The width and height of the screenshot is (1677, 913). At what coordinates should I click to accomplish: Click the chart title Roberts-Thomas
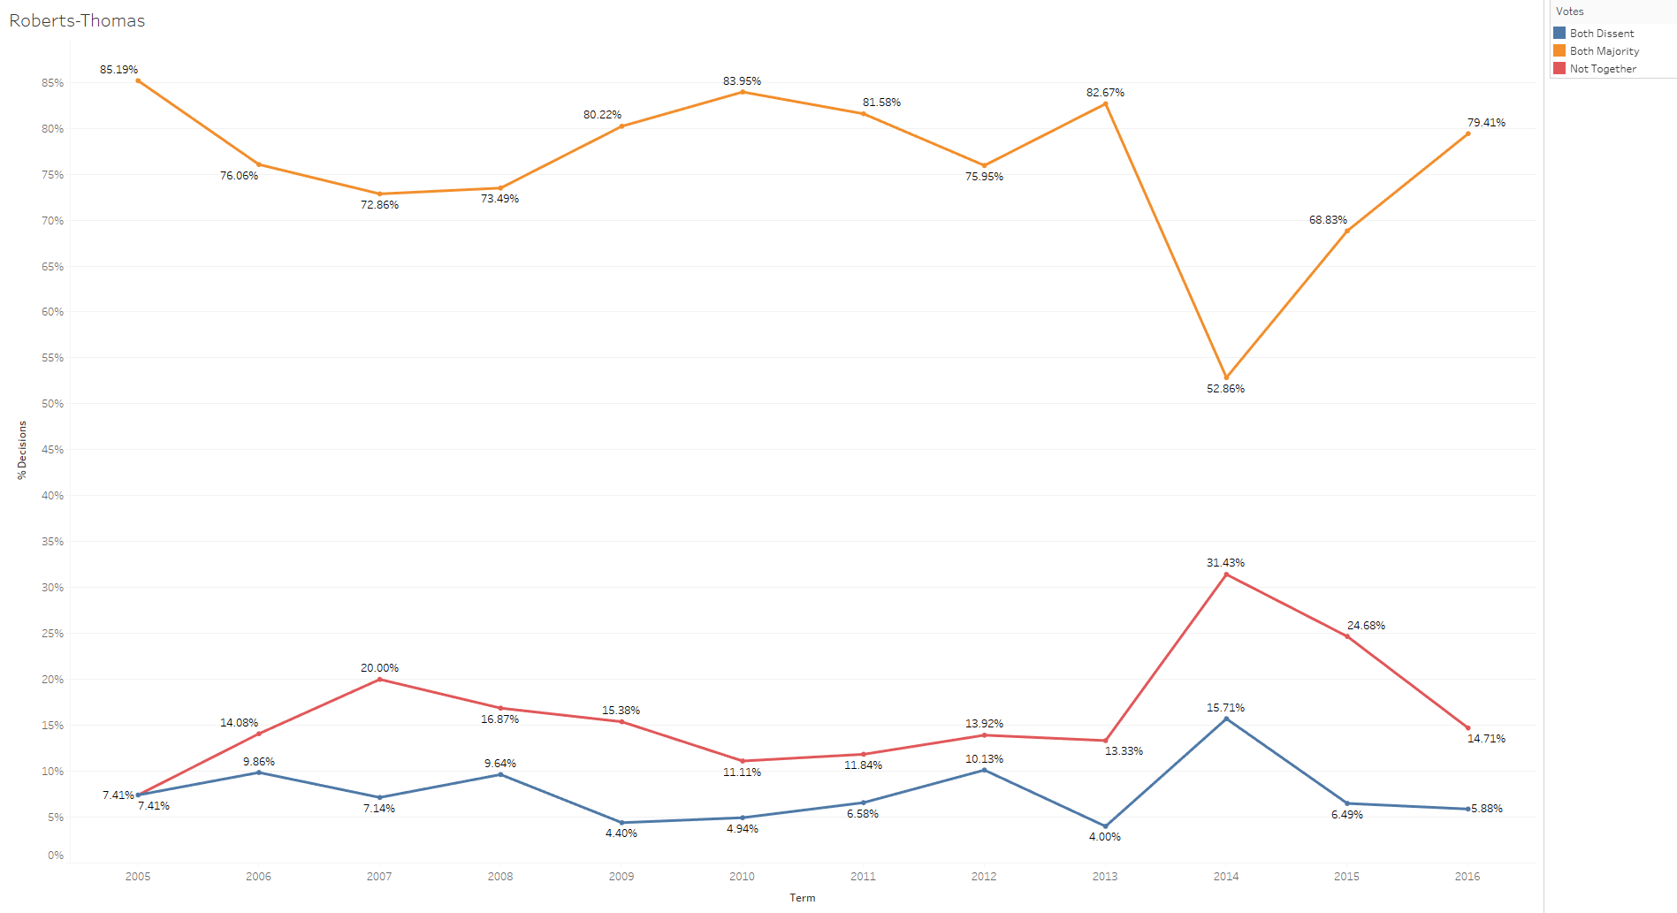pos(77,20)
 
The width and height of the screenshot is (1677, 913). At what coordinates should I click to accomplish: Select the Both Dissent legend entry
pos(1601,34)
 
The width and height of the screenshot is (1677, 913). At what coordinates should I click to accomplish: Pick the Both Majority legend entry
pos(1604,51)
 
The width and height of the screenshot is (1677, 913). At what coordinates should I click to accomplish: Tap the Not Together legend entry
pos(1602,69)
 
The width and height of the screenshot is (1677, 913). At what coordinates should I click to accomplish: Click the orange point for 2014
pos(1226,377)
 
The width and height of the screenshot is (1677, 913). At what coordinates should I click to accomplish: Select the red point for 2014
pos(1226,574)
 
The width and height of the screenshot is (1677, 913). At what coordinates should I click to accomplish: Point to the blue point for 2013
pos(1105,826)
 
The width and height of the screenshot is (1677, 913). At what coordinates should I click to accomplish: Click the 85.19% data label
pos(118,70)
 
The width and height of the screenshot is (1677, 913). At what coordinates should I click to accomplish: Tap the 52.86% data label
pos(1225,389)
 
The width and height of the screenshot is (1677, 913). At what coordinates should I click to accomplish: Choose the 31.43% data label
pos(1225,563)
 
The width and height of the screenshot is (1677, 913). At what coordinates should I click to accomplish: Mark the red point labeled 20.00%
pos(380,679)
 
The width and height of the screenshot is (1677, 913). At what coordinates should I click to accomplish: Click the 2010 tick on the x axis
pos(742,877)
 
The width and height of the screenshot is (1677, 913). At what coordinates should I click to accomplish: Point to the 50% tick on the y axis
pos(52,404)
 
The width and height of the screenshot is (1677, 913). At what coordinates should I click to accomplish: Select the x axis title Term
pos(803,898)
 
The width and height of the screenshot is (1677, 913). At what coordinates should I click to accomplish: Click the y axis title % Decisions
pos(22,450)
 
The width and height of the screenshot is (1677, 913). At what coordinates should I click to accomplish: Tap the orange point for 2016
pos(1467,133)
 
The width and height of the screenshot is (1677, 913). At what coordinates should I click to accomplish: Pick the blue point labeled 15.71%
pos(1226,719)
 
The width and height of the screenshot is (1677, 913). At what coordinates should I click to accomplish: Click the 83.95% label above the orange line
pos(742,81)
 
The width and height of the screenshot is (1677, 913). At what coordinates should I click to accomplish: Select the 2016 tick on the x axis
pos(1467,877)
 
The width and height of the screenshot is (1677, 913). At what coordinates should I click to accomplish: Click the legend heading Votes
pos(1569,11)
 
